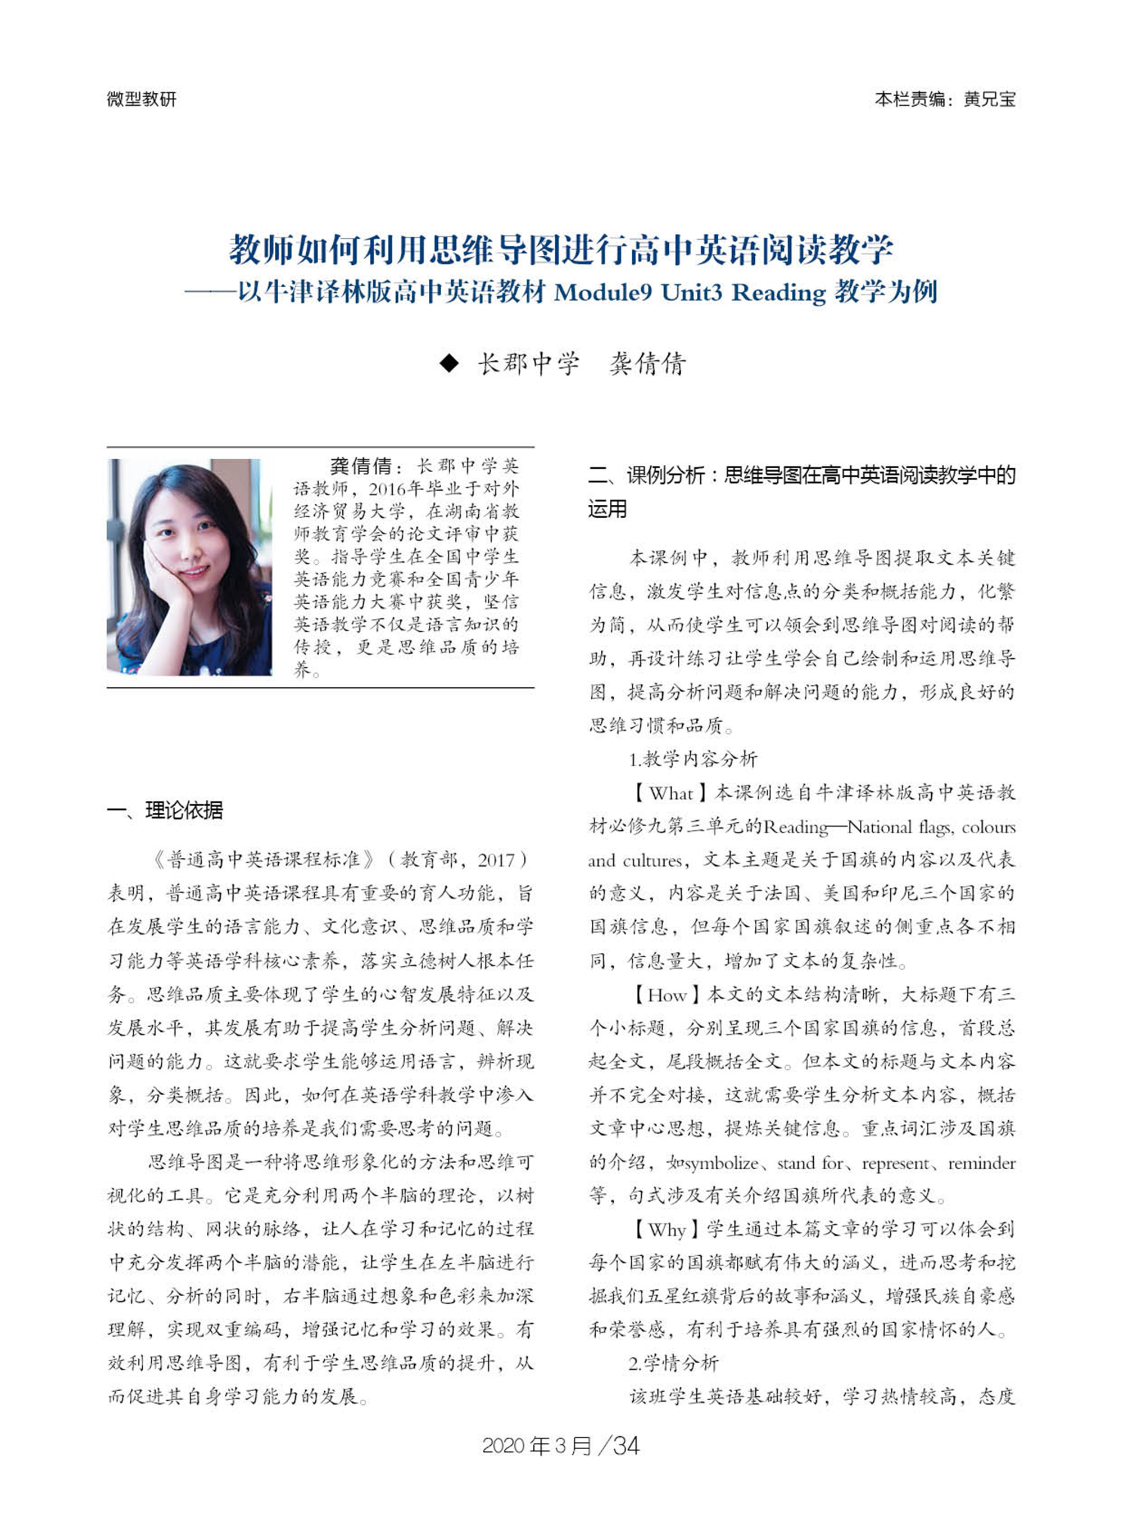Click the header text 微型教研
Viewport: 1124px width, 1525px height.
click(x=142, y=99)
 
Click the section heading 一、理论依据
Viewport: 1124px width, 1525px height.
click(x=165, y=810)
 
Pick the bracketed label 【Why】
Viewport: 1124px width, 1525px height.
click(x=666, y=1230)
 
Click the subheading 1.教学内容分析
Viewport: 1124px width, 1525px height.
click(x=692, y=759)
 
